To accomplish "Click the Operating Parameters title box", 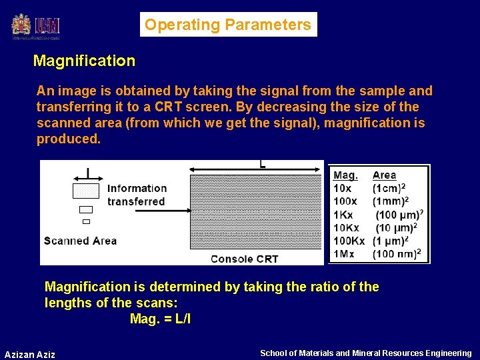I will coord(228,25).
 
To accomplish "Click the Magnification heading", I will coord(84,61).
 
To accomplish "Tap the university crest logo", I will coord(21,25).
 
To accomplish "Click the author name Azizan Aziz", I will coord(30,354).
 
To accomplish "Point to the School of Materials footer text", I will coord(365,353).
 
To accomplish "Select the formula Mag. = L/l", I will coord(160,319).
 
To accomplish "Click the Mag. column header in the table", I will coord(345,175).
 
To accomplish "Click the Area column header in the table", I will coord(384,175).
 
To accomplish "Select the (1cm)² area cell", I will coord(390,188).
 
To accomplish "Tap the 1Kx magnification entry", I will coord(344,215).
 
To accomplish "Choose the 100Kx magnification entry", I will coord(349,241).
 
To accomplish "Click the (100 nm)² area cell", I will coord(397,254).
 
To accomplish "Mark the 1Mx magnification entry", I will coord(344,254).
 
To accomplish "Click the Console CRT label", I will coord(244,259).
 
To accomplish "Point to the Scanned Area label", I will coord(80,241).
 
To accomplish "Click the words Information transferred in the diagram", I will coord(136,195).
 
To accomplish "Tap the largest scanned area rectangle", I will coord(85,191).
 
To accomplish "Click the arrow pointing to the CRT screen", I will coord(147,211).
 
